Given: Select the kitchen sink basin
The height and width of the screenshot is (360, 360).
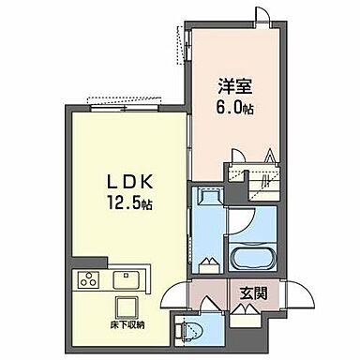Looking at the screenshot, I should pyautogui.click(x=125, y=279).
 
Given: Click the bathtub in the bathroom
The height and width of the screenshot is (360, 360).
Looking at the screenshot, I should pyautogui.click(x=251, y=259).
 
